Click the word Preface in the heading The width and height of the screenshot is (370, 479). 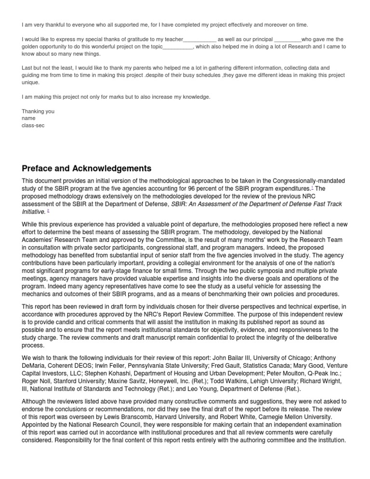(x=40, y=169)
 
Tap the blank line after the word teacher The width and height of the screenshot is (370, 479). (x=200, y=39)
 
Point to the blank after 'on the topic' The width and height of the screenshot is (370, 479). (x=178, y=47)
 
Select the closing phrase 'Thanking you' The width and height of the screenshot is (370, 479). (x=38, y=111)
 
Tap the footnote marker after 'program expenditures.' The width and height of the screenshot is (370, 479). (x=313, y=187)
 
